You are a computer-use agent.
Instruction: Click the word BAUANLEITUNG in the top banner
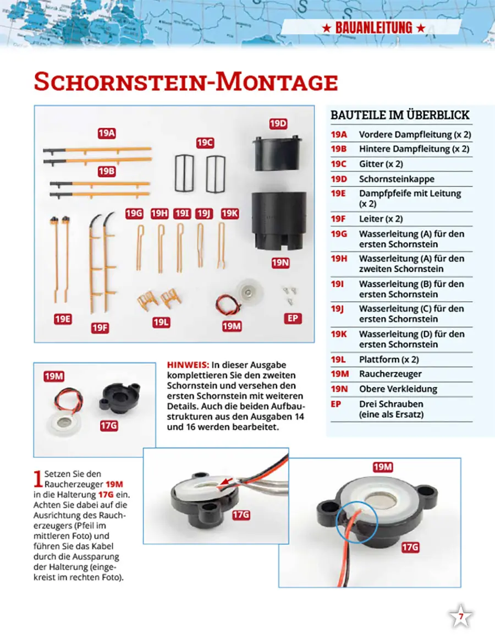[373, 28]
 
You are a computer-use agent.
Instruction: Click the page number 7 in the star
[461, 617]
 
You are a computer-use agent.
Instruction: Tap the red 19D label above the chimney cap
[279, 123]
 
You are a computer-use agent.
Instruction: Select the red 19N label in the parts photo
[280, 263]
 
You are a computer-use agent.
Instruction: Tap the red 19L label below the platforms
[161, 322]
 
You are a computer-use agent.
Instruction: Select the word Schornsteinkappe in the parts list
[397, 179]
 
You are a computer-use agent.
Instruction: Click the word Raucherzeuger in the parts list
[390, 374]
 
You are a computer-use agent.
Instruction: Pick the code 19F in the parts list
[339, 219]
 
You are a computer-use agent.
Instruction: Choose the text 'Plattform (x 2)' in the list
[389, 359]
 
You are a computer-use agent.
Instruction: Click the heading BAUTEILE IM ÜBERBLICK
[400, 115]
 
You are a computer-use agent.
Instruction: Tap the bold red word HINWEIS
[187, 365]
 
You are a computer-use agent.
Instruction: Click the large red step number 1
[37, 479]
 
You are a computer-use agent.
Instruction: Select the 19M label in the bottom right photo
[383, 467]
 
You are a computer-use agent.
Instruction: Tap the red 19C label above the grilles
[205, 143]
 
